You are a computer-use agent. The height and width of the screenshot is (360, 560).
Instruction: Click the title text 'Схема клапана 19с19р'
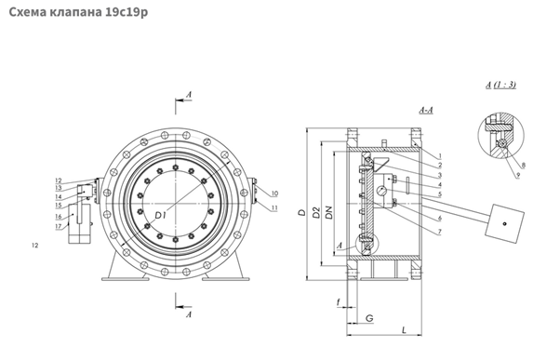tap(78, 12)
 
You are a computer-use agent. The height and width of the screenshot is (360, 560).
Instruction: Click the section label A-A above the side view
tap(426, 110)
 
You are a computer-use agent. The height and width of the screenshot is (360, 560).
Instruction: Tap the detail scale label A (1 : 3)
tap(500, 85)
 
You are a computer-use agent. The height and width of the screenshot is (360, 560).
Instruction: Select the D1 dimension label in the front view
tap(161, 216)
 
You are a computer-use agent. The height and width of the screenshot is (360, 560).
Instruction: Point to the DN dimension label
tap(329, 212)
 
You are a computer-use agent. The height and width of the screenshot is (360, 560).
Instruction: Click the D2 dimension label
tap(316, 212)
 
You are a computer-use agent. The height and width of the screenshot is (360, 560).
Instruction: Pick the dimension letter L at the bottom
tap(404, 329)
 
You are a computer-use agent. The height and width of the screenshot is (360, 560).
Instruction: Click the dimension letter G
tap(369, 318)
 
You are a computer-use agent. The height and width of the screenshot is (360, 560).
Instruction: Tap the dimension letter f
tap(339, 302)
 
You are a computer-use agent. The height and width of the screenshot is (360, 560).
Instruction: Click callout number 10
tap(274, 193)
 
